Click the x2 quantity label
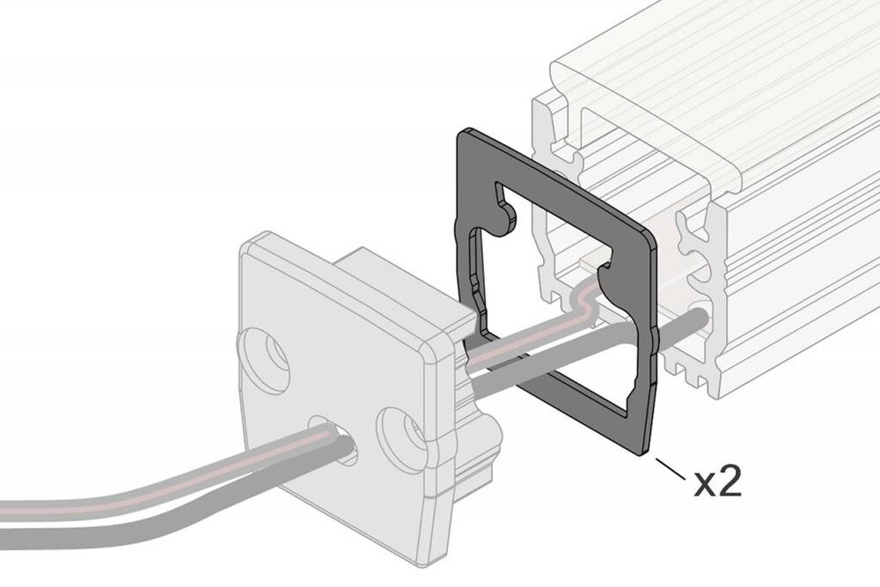717,482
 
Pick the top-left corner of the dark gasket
461,135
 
